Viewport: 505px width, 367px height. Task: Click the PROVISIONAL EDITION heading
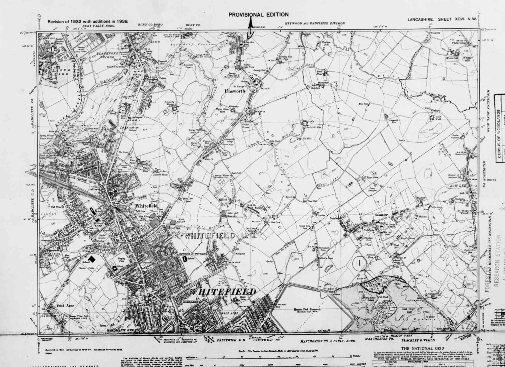[x=259, y=15]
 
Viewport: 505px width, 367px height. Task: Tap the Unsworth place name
[x=235, y=91]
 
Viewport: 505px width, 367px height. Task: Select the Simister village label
[x=381, y=215]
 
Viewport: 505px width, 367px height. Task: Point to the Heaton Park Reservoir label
[x=305, y=309]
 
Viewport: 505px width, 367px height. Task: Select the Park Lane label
[x=65, y=305]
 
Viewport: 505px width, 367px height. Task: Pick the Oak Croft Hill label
[x=409, y=310]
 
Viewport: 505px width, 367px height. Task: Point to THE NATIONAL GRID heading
[x=422, y=349]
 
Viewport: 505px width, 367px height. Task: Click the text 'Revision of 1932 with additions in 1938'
[x=88, y=21]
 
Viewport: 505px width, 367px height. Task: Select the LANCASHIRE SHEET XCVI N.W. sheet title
[x=442, y=19]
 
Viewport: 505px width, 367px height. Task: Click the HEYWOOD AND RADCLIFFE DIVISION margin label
[x=315, y=24]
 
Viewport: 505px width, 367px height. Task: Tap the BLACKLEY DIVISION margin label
[x=418, y=340]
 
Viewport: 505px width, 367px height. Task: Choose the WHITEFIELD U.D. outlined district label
[x=221, y=236]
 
